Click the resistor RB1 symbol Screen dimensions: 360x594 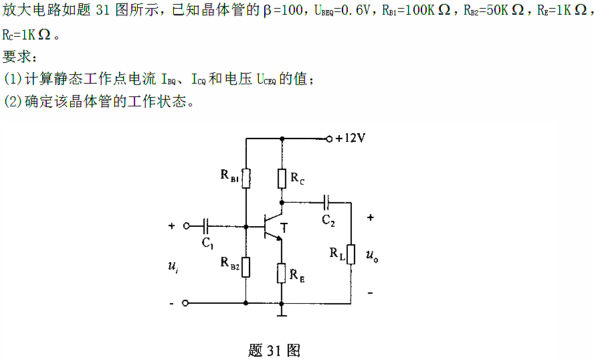(x=247, y=178)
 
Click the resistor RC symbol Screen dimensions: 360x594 (x=282, y=178)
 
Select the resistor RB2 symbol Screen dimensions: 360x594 (x=247, y=267)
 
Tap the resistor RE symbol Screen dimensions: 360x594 (x=282, y=272)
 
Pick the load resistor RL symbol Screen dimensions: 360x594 (x=350, y=254)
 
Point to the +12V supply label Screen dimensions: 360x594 (x=350, y=139)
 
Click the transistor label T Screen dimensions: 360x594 (x=284, y=228)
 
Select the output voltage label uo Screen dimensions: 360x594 (x=372, y=255)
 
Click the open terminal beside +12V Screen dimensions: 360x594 (x=328, y=139)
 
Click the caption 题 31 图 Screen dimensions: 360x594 (x=274, y=350)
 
